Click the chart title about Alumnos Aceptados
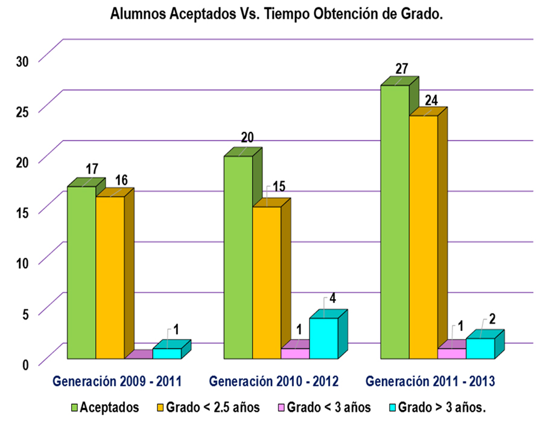pos(277,16)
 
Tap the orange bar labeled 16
pos(110,277)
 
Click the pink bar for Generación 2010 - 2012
pos(295,353)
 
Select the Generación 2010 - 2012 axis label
pos(274,381)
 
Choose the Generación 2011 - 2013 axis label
pos(431,381)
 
